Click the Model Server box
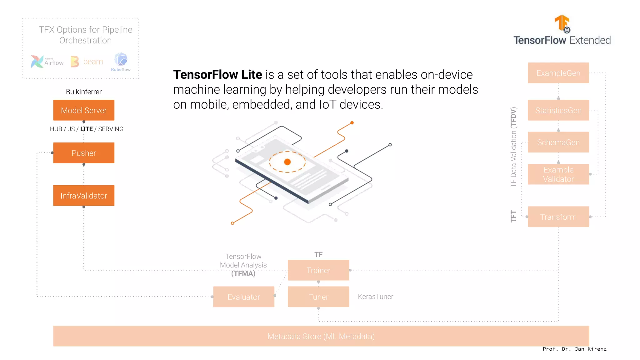(x=84, y=110)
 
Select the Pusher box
(x=84, y=153)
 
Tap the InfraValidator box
(x=84, y=196)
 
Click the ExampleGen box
(x=558, y=73)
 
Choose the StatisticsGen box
(x=558, y=110)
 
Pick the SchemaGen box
(x=558, y=142)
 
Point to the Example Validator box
(x=558, y=174)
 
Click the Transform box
(x=558, y=217)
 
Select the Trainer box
(x=318, y=270)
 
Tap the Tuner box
(x=318, y=297)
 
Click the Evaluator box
(x=244, y=297)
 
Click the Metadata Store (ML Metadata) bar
(x=321, y=336)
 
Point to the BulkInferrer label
(x=84, y=92)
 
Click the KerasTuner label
(x=375, y=297)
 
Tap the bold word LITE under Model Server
(x=87, y=129)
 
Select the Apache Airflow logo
(x=47, y=62)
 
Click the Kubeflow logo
(x=121, y=62)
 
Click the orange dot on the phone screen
(x=287, y=162)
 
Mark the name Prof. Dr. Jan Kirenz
(x=574, y=349)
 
